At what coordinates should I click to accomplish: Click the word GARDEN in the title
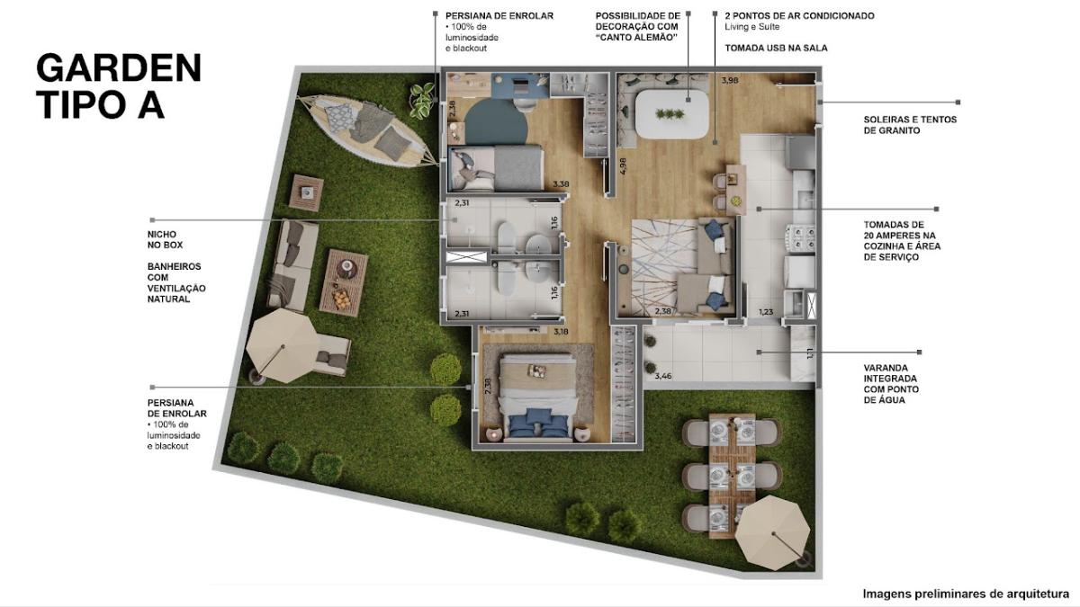[119, 68]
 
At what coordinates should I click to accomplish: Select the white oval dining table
[672, 115]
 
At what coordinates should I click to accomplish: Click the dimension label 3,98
[730, 80]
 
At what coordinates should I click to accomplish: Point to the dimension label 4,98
[623, 166]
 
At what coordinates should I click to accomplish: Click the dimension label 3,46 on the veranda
[663, 376]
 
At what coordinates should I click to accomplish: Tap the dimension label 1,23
[766, 312]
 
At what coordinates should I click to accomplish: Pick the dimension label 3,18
[561, 332]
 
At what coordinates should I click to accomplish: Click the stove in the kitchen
[800, 238]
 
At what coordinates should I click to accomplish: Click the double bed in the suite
[537, 397]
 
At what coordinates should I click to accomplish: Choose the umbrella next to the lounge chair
[283, 345]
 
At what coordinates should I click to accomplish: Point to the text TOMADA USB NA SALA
[776, 49]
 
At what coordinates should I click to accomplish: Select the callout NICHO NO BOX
[165, 239]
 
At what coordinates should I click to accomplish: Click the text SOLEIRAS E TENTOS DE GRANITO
[910, 125]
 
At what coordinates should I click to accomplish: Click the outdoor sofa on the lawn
[293, 265]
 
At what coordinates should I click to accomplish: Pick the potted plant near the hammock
[423, 100]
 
